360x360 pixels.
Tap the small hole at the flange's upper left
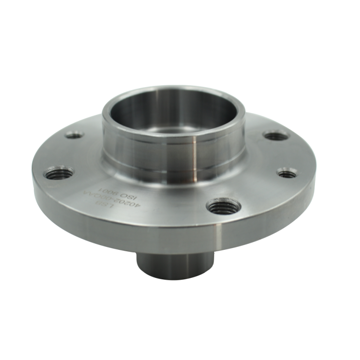pyautogui.click(x=74, y=136)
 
